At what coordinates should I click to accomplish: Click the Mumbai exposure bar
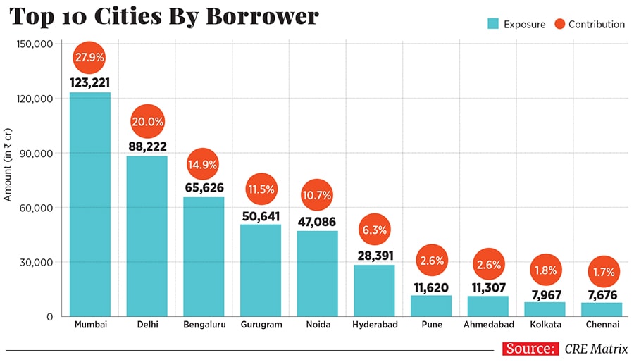(x=89, y=204)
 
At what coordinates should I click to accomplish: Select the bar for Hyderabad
(x=374, y=290)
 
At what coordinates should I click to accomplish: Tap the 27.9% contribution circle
(x=89, y=56)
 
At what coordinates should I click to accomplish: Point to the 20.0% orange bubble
(x=147, y=122)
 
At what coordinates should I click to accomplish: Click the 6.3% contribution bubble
(x=374, y=230)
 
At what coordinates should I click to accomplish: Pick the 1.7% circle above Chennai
(x=602, y=271)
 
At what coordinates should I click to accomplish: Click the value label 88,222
(x=147, y=146)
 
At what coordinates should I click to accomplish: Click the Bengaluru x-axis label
(x=204, y=325)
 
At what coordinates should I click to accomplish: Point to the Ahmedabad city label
(x=488, y=325)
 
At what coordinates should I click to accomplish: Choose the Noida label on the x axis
(x=317, y=325)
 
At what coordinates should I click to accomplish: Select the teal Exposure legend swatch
(x=493, y=24)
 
